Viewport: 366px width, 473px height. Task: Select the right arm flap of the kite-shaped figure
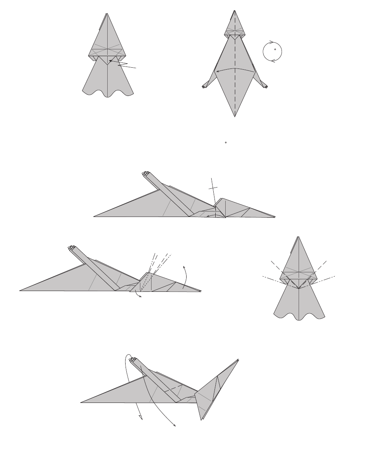click(264, 83)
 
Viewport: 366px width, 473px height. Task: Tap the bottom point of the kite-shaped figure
click(235, 117)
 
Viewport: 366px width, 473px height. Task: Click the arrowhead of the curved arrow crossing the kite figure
click(216, 72)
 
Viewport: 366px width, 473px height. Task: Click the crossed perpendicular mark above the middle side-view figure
click(214, 187)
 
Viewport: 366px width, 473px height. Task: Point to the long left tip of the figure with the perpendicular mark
click(95, 217)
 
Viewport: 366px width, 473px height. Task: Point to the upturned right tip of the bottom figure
click(238, 360)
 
